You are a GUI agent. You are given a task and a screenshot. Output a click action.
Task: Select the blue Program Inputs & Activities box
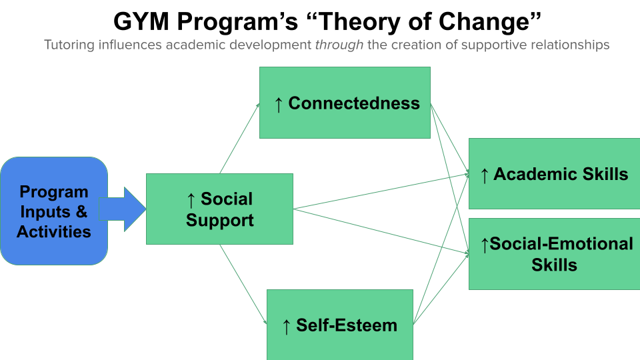click(53, 211)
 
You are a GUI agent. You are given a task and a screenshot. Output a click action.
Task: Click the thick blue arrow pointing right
click(123, 209)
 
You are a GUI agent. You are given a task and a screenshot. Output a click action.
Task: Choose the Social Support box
click(219, 209)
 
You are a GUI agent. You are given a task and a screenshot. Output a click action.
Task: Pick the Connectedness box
click(345, 103)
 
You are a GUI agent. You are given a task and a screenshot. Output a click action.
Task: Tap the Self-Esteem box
click(340, 325)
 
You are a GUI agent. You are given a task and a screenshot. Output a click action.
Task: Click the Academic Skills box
click(554, 174)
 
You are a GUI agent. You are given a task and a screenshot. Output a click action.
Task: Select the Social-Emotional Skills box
click(554, 254)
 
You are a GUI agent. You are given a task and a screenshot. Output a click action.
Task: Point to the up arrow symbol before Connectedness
click(279, 104)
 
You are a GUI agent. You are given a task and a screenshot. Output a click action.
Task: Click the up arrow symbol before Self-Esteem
click(286, 326)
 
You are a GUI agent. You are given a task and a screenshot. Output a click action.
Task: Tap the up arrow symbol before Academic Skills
click(484, 175)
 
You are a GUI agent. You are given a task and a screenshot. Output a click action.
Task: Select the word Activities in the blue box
click(53, 231)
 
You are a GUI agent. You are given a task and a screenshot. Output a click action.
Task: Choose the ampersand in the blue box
click(81, 212)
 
